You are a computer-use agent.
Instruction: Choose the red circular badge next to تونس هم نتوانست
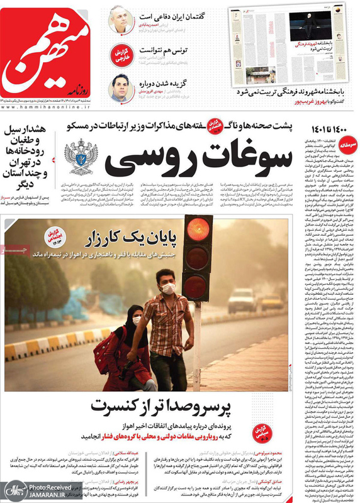pyautogui.click(x=121, y=55)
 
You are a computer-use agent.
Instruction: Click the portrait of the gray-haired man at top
pyautogui.click(x=120, y=19)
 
